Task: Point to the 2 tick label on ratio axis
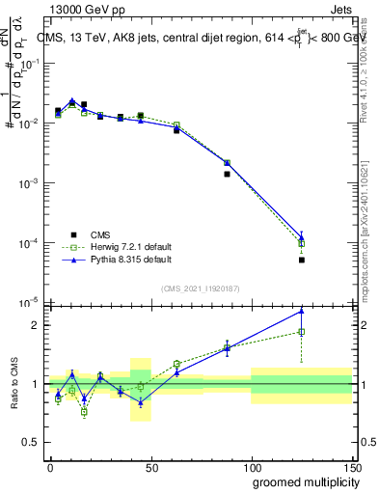click(37, 325)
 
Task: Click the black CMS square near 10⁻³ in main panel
click(227, 175)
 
